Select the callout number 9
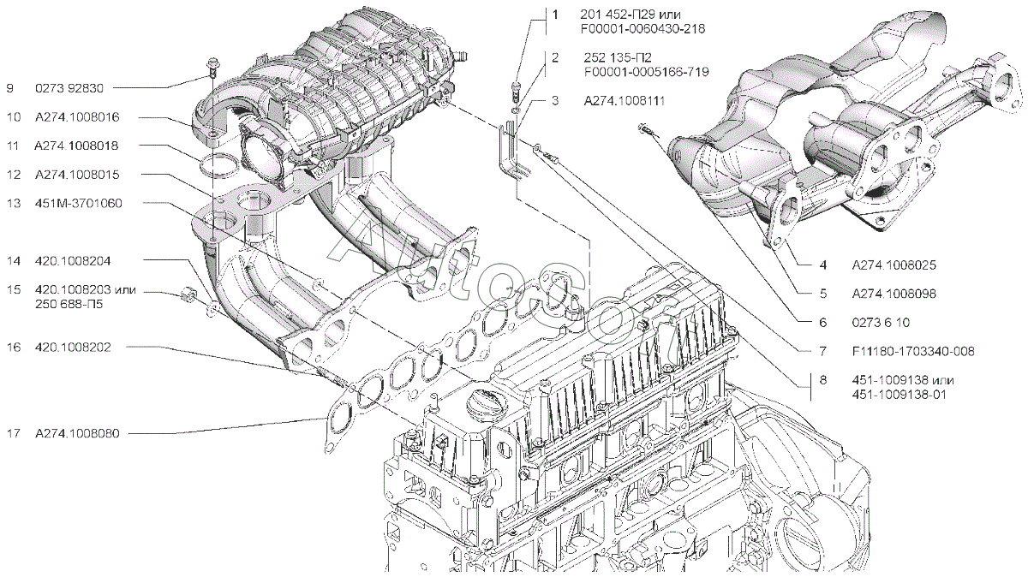tap(10, 87)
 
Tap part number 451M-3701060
tap(79, 203)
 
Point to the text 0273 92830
tap(69, 87)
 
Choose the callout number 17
tap(13, 434)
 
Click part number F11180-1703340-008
tap(913, 351)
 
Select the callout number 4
tap(822, 264)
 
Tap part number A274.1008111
tap(625, 101)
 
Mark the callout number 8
tap(822, 380)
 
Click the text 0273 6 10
tap(881, 322)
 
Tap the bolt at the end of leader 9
tap(211, 66)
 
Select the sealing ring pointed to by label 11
tap(220, 164)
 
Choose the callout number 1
tap(554, 15)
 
